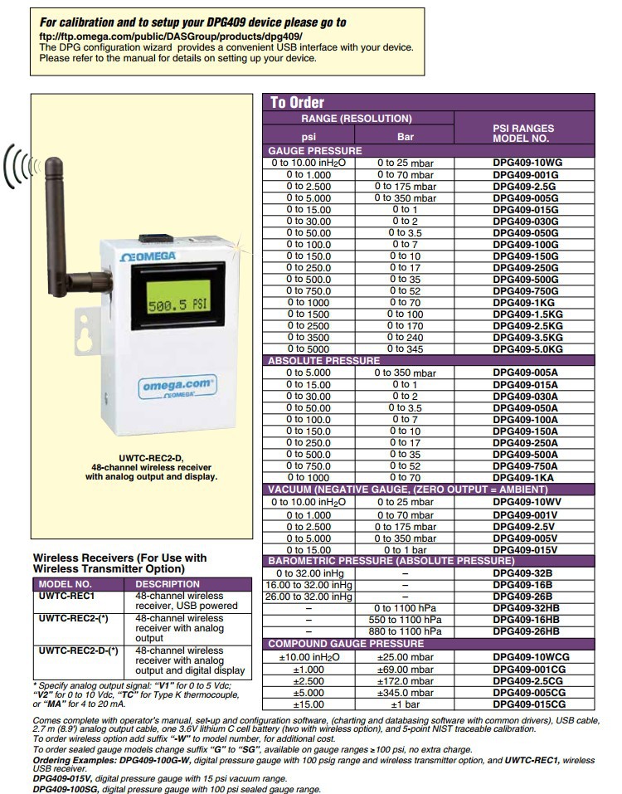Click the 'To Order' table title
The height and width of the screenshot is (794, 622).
tap(297, 102)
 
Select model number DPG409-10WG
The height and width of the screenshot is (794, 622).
tap(526, 163)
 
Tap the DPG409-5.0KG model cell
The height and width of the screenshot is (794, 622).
tap(526, 350)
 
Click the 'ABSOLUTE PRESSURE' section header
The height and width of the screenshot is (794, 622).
tap(323, 361)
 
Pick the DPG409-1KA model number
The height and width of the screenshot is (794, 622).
tap(526, 478)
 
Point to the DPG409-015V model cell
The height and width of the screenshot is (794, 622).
tap(526, 550)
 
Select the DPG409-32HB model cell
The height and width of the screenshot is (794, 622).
tap(526, 608)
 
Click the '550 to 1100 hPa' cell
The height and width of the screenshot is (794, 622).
tap(405, 620)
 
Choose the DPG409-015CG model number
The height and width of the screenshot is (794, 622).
tap(526, 704)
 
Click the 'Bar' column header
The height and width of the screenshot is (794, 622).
tap(405, 137)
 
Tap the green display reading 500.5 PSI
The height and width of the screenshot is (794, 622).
tap(177, 305)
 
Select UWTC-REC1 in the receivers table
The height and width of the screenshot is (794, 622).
tap(66, 596)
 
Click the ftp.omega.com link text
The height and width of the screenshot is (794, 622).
tap(171, 37)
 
